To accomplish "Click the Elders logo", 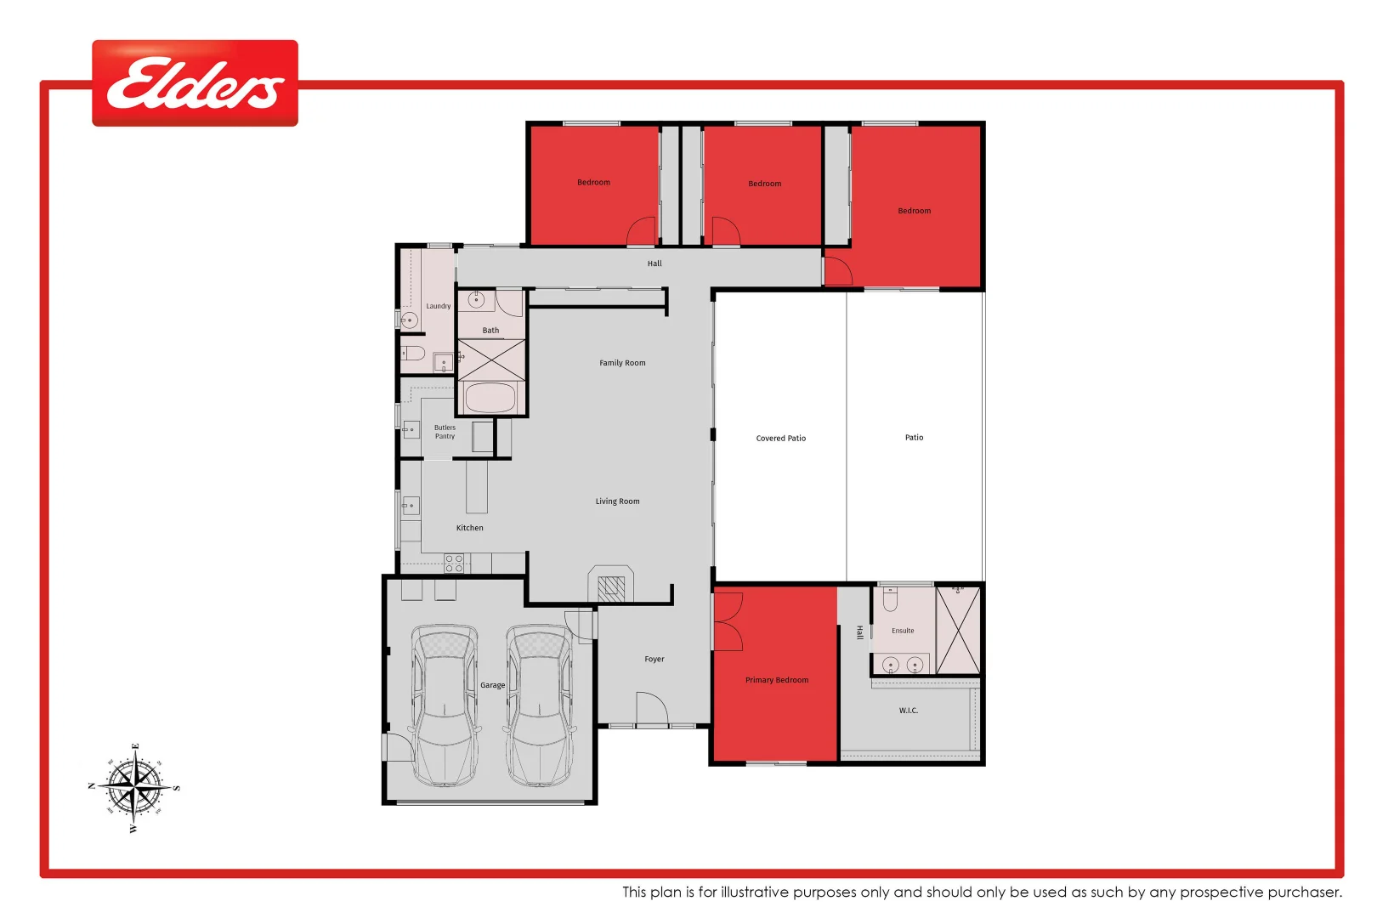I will (x=195, y=83).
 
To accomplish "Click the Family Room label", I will (x=622, y=363).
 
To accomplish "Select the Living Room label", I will (x=617, y=501).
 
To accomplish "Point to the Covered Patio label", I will (x=780, y=439).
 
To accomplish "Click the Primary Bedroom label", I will (x=776, y=680).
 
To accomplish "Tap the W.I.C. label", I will (x=908, y=711).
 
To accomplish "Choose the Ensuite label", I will (x=903, y=631).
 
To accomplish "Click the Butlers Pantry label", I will (x=445, y=432).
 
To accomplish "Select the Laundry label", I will (x=438, y=306).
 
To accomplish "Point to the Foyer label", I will (x=654, y=659).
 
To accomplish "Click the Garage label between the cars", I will (x=492, y=685).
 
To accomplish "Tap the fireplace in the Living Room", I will (x=610, y=586).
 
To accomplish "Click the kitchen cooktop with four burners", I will (x=454, y=564).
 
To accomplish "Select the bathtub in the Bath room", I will (x=490, y=398).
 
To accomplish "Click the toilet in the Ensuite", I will (x=890, y=600).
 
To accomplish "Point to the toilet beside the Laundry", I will (x=413, y=353).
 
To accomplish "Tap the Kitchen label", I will (x=469, y=528).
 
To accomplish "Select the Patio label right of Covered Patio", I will (x=914, y=438).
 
